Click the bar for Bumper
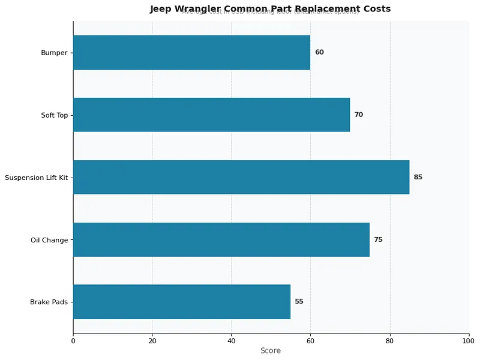pos(191,52)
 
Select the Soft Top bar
pos(211,115)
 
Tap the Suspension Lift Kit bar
pos(241,177)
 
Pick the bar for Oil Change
pos(221,239)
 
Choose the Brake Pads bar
pos(182,302)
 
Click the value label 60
pos(319,52)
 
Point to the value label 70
pos(358,115)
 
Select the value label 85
pos(418,177)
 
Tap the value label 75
pos(378,239)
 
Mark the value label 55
pos(299,302)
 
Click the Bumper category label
pos(54,53)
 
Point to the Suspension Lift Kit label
pos(36,178)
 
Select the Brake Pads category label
pos(49,302)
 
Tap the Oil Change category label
pos(49,240)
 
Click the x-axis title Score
pos(271,350)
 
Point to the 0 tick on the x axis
pos(73,341)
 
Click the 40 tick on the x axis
pos(232,341)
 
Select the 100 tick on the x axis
pos(469,341)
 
